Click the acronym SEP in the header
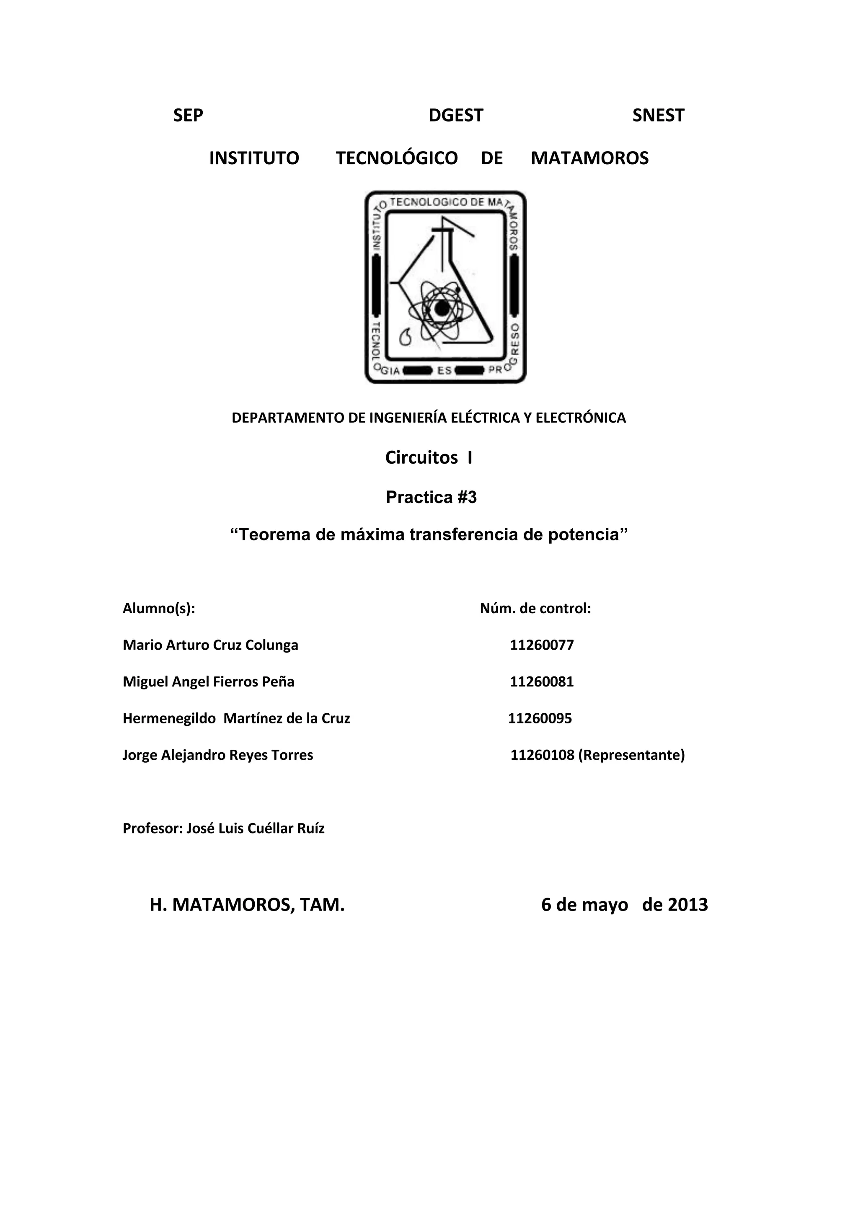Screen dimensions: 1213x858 pos(188,115)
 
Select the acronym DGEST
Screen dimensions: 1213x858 pos(455,115)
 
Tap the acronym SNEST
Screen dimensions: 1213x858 pos(658,115)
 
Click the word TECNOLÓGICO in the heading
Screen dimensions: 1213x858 pos(396,158)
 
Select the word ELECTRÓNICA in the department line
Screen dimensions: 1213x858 pos(581,418)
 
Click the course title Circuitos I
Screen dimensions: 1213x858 pos(429,457)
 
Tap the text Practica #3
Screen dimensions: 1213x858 pos(431,497)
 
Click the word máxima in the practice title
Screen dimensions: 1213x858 pos(372,534)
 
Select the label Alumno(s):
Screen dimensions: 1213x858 pos(158,609)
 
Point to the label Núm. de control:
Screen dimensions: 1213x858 pos(535,609)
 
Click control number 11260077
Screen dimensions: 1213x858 pos(542,645)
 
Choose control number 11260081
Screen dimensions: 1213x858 pos(542,681)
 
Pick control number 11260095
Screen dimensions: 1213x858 pos(540,718)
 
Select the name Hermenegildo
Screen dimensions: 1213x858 pos(169,718)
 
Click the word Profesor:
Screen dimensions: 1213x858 pos(152,828)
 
